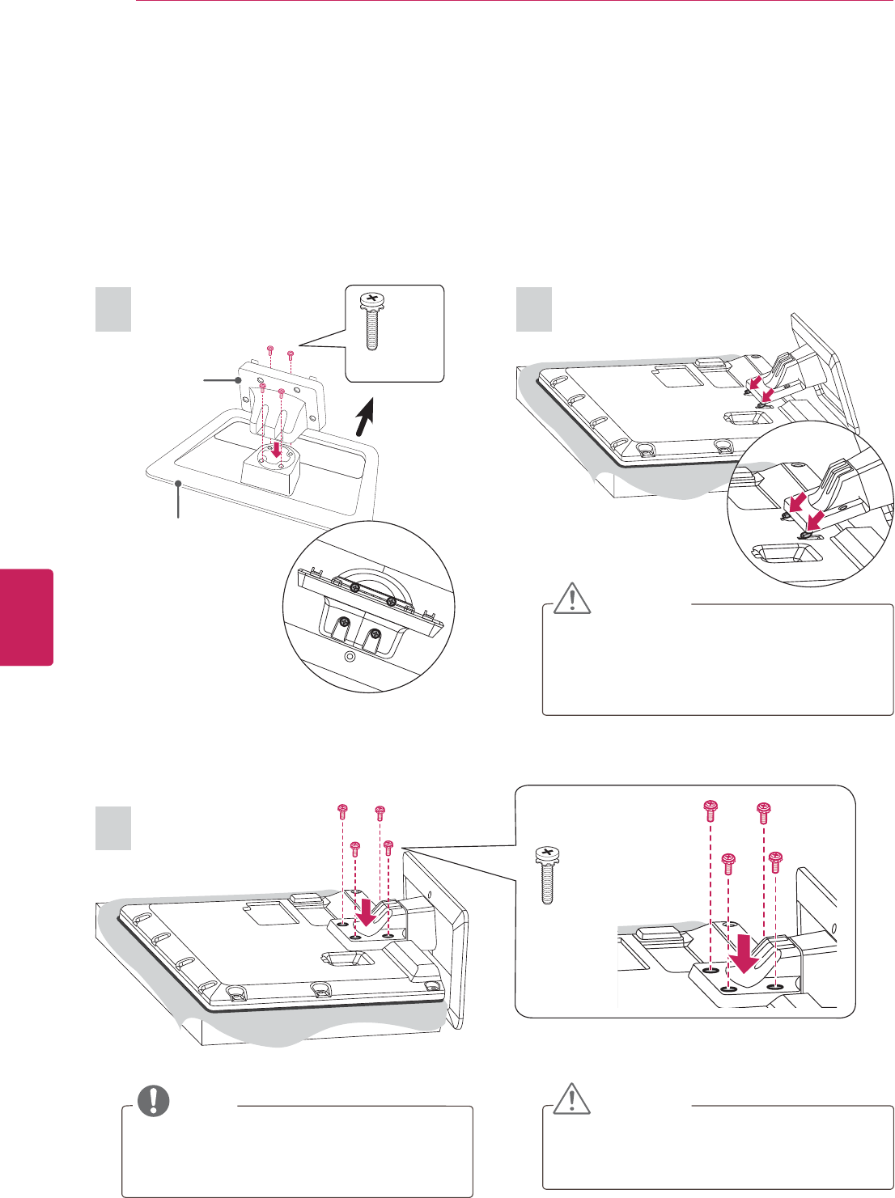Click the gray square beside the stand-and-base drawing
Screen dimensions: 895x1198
pyautogui.click(x=113, y=310)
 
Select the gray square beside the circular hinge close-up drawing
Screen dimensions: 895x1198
pyautogui.click(x=534, y=310)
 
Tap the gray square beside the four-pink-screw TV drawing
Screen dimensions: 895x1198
pyautogui.click(x=113, y=828)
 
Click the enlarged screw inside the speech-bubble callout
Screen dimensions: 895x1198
pyautogui.click(x=371, y=321)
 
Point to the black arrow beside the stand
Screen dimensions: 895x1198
pyautogui.click(x=367, y=420)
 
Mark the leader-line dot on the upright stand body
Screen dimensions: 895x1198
pyautogui.click(x=239, y=379)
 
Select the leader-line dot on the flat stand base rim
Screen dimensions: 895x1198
pyautogui.click(x=178, y=483)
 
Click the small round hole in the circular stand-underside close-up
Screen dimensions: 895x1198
pyautogui.click(x=349, y=656)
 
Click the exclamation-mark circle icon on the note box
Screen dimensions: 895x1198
pyautogui.click(x=153, y=1100)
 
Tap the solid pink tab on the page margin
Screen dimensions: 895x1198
pyautogui.click(x=26, y=616)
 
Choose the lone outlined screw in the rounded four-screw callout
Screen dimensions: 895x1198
pyautogui.click(x=547, y=875)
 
